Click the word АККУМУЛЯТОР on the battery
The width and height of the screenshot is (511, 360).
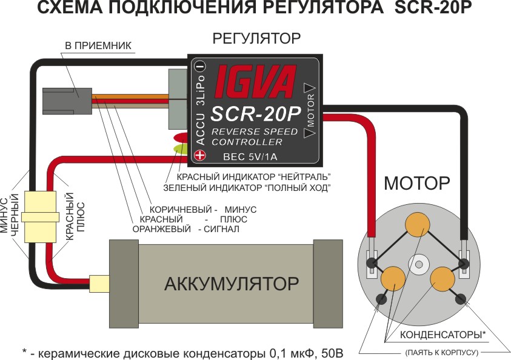click(x=232, y=284)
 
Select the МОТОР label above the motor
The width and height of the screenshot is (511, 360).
click(x=418, y=182)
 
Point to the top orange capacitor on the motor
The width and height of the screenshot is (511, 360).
click(x=419, y=225)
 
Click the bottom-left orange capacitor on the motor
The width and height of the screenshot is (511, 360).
click(x=393, y=278)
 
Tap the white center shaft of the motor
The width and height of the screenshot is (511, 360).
click(x=418, y=264)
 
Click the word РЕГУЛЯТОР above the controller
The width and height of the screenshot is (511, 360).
click(x=256, y=39)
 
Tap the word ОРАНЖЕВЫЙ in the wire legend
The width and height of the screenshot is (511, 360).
click(x=160, y=230)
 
